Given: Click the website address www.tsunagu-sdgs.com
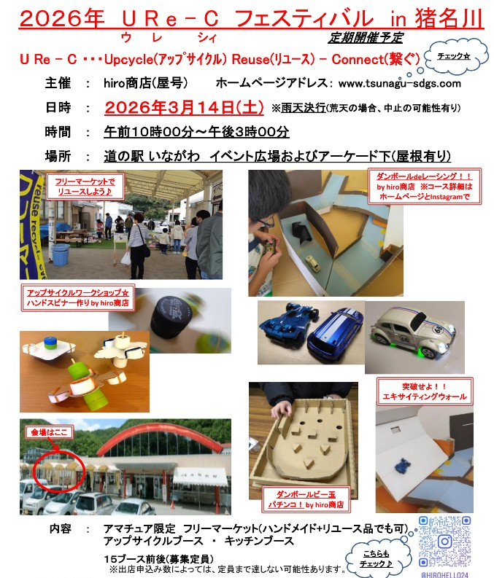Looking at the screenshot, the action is (x=400, y=84).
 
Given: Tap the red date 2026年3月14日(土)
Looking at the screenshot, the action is (x=184, y=108).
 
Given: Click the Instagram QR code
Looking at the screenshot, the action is (x=445, y=542).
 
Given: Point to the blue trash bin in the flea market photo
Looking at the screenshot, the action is (x=61, y=254).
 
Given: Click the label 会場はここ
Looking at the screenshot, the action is (x=49, y=432).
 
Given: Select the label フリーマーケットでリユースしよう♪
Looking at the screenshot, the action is (x=85, y=187).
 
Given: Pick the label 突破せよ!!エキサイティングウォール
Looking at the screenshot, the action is (x=424, y=391).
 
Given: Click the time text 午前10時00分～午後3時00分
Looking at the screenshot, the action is (x=196, y=132).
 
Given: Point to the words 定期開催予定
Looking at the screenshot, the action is (x=366, y=38).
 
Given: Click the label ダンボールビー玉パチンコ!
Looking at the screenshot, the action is (x=306, y=499).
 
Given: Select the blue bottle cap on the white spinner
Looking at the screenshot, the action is (x=49, y=343).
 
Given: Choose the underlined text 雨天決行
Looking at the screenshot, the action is (x=304, y=108).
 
